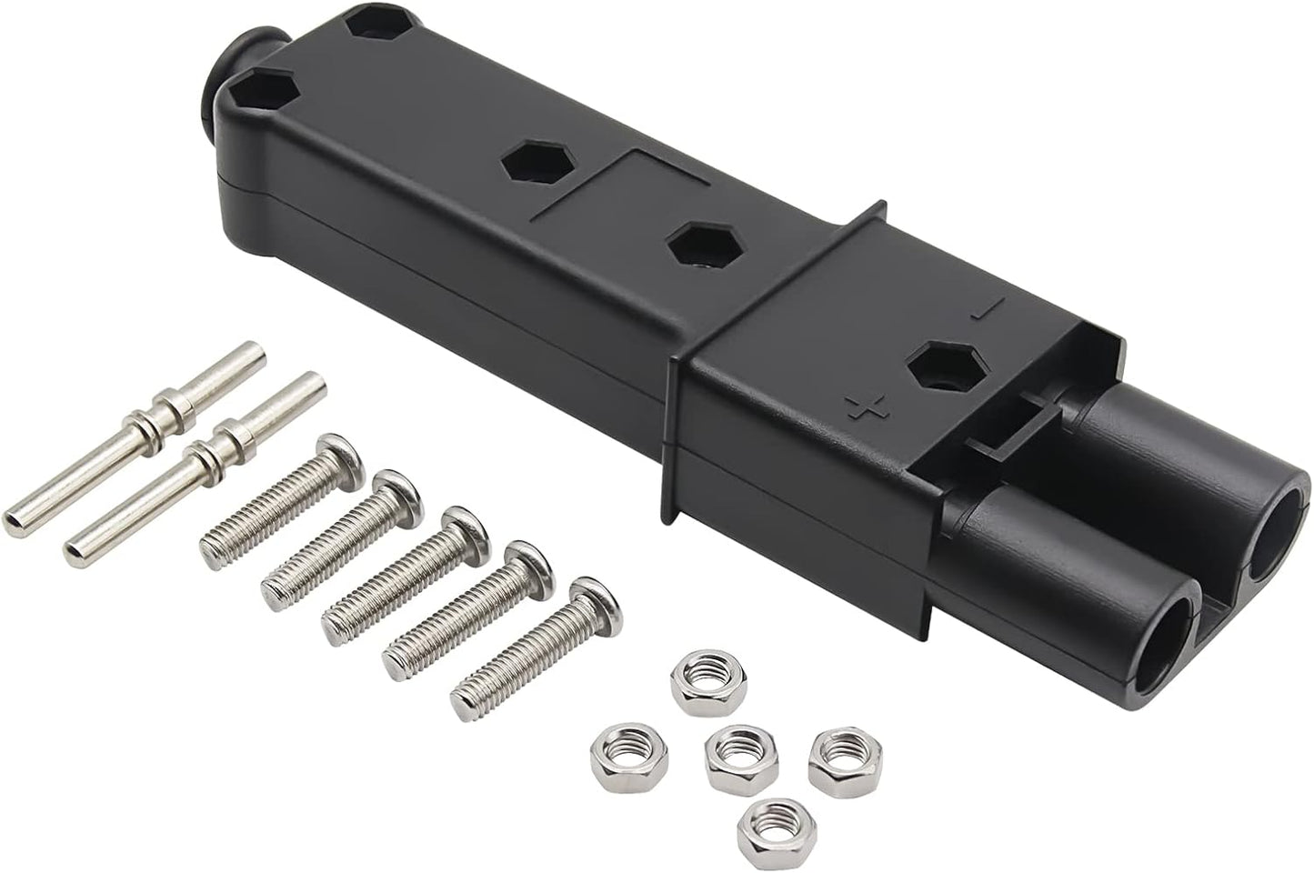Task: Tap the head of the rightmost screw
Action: click(594, 599)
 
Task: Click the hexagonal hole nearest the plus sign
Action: click(938, 374)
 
